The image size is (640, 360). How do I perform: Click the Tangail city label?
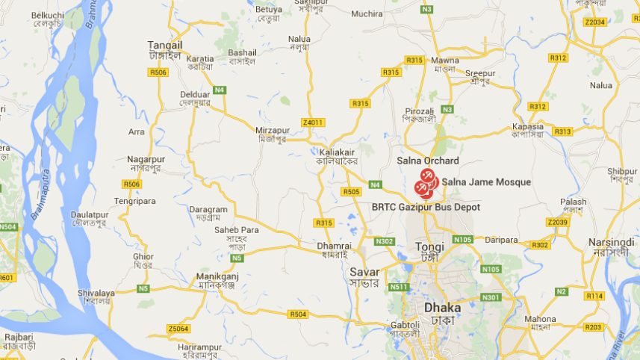pyautogui.click(x=165, y=45)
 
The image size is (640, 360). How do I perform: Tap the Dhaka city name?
pyautogui.click(x=442, y=308)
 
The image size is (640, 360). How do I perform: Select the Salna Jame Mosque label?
pyautogui.click(x=486, y=182)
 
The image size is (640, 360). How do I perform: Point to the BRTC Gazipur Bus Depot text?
pyautogui.click(x=426, y=207)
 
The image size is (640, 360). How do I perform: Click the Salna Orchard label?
pyautogui.click(x=428, y=161)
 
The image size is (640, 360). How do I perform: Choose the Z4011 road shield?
pyautogui.click(x=314, y=122)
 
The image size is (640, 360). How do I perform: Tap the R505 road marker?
pyautogui.click(x=351, y=192)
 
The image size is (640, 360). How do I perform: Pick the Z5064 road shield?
pyautogui.click(x=178, y=329)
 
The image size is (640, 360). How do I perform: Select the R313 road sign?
pyautogui.click(x=563, y=131)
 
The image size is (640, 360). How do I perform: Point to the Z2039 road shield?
pyautogui.click(x=557, y=222)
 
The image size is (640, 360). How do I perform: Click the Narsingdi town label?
pyautogui.click(x=610, y=242)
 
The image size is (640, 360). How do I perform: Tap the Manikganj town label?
pyautogui.click(x=216, y=276)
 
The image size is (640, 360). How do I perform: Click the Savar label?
pyautogui.click(x=364, y=273)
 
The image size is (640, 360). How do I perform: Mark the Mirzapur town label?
pyautogui.click(x=271, y=129)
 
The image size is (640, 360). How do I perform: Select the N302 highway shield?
pyautogui.click(x=385, y=241)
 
